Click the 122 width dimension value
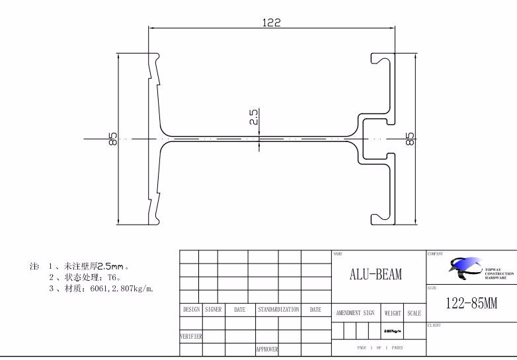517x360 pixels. point(271,22)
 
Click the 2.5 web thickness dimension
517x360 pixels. point(254,118)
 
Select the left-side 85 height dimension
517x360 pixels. point(113,139)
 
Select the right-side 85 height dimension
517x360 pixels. point(411,139)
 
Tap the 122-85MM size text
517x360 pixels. point(471,304)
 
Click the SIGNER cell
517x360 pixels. point(213,309)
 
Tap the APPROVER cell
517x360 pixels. point(267,349)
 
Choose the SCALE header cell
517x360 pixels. point(415,312)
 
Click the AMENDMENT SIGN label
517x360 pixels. point(355,312)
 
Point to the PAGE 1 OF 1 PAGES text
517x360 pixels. point(379,347)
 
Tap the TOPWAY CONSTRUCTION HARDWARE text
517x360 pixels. point(498,273)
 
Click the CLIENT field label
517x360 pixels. point(434,325)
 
